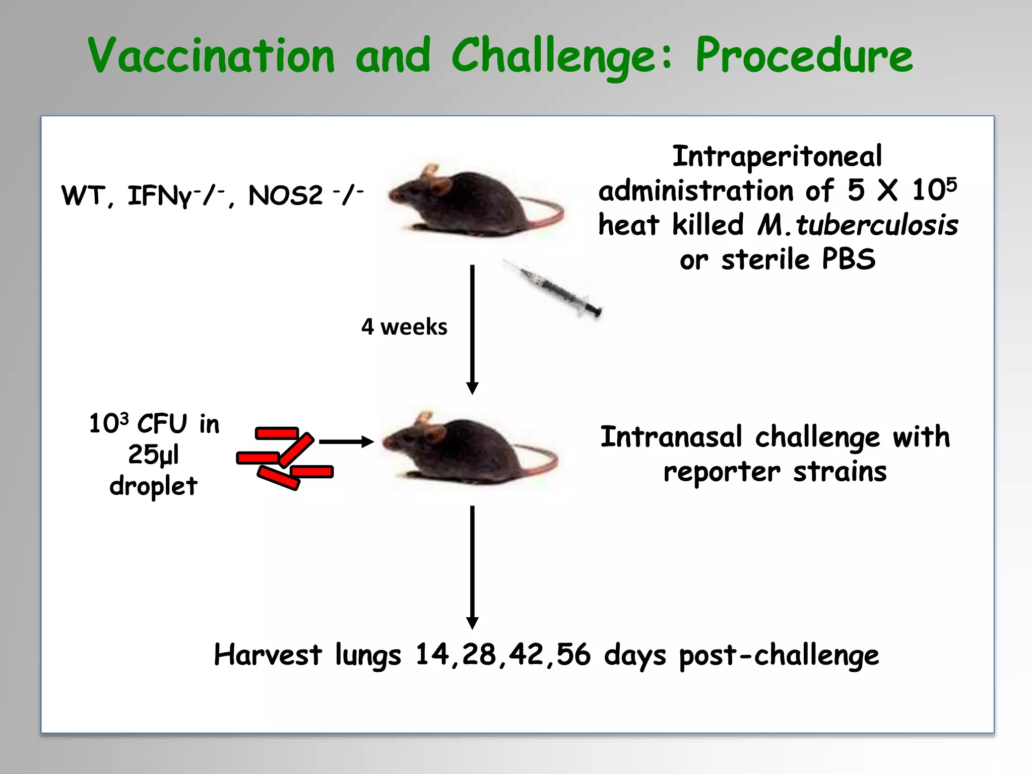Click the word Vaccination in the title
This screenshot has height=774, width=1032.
pyautogui.click(x=212, y=55)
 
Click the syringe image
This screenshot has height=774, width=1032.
pyautogui.click(x=554, y=289)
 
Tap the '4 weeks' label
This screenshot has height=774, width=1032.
pyautogui.click(x=404, y=327)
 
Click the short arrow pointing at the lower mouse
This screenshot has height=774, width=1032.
pyautogui.click(x=347, y=442)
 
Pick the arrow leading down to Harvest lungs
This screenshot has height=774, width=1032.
pyautogui.click(x=472, y=567)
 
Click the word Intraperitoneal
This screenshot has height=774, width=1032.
pyautogui.click(x=777, y=156)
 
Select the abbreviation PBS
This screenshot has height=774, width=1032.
pyautogui.click(x=849, y=260)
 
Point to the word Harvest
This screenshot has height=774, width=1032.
pyautogui.click(x=268, y=655)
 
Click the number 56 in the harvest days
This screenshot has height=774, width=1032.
pyautogui.click(x=573, y=655)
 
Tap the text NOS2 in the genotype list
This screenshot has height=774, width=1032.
pyautogui.click(x=285, y=196)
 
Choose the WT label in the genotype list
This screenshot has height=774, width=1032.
pyautogui.click(x=84, y=196)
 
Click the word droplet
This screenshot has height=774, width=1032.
pyautogui.click(x=154, y=486)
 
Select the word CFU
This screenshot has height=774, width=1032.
pyautogui.click(x=162, y=424)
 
